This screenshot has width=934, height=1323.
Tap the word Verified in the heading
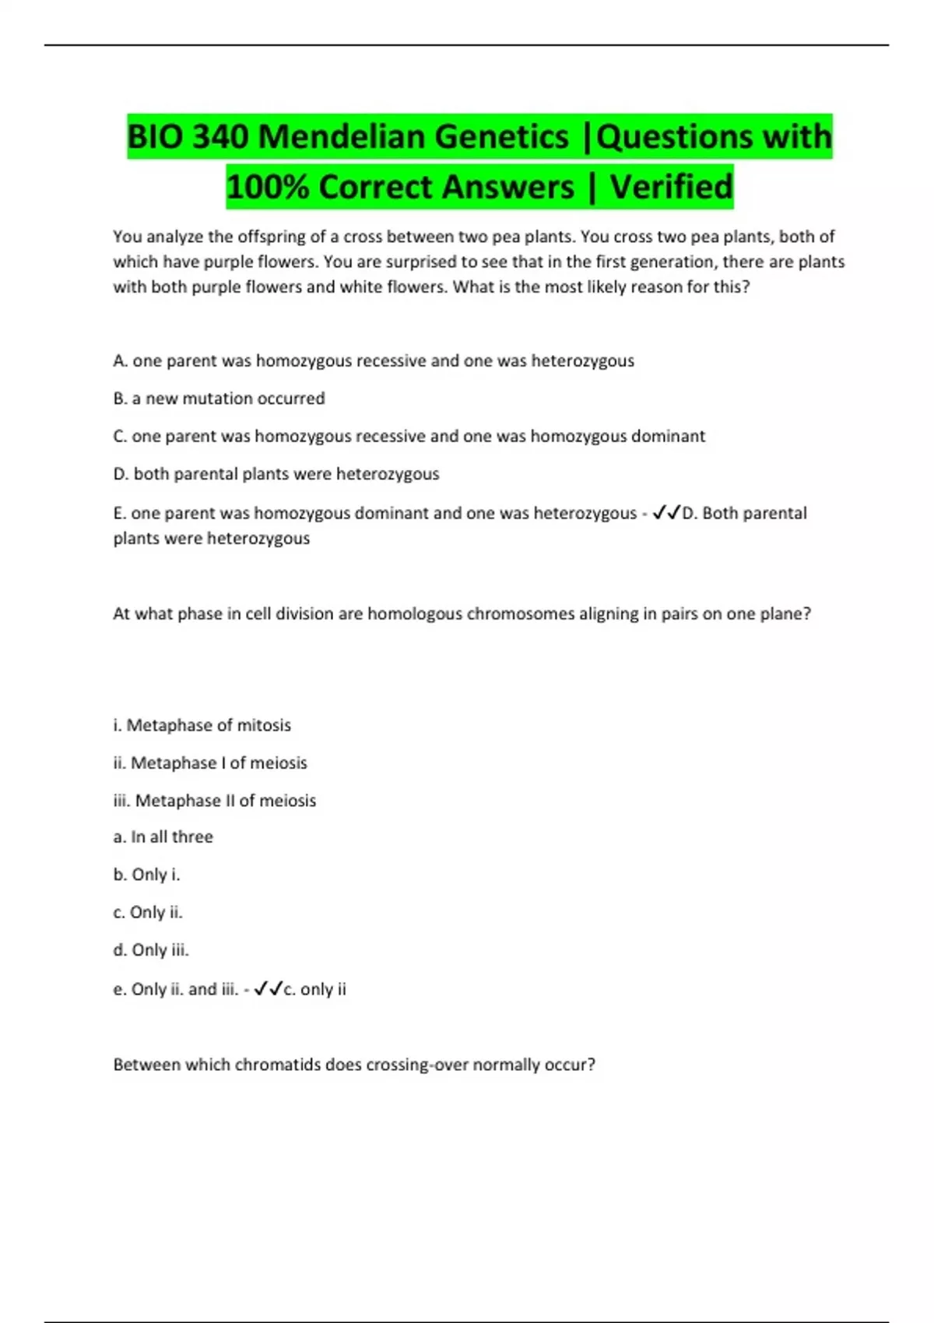(x=671, y=187)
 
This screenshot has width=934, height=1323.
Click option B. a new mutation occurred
(x=219, y=398)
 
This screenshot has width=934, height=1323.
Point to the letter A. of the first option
(x=120, y=361)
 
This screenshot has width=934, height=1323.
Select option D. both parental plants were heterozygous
(x=276, y=474)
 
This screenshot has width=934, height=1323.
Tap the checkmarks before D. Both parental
(x=666, y=513)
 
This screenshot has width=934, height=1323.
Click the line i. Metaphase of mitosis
(x=202, y=725)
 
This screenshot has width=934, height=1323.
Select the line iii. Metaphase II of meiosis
(x=214, y=801)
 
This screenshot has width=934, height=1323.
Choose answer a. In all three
(x=163, y=837)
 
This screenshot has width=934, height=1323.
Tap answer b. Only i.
(x=146, y=875)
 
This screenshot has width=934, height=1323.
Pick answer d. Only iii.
(x=151, y=950)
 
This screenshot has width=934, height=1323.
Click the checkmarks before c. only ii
(x=268, y=989)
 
